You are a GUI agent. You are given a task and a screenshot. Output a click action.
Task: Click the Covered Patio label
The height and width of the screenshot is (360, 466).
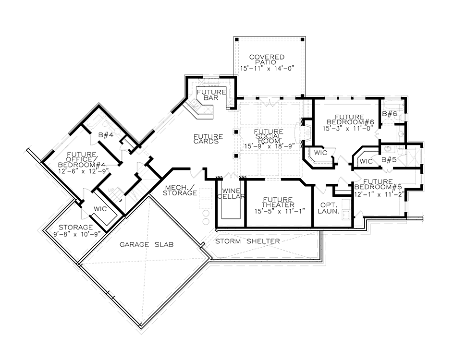coord(262,60)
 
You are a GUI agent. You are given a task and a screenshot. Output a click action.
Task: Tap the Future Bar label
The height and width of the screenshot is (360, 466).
coord(211,95)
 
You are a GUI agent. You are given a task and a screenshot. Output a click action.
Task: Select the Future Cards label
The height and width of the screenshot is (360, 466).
coord(208,139)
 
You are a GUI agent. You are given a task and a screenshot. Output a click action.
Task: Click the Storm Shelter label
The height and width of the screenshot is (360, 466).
coord(247,241)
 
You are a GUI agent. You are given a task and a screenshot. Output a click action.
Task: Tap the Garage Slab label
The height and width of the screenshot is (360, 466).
coord(147,244)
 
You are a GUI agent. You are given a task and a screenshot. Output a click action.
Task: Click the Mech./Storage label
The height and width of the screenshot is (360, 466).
coord(181,190)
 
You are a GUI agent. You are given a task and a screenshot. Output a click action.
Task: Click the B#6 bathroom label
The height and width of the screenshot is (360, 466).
coord(389,113)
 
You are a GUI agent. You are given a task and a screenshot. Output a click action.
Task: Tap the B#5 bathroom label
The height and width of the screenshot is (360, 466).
coord(389,159)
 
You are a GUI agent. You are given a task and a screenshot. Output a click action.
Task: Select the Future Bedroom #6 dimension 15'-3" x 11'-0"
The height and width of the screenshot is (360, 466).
coord(348,129)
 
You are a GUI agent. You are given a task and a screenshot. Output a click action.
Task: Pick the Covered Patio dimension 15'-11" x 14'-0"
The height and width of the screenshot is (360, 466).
coord(263,68)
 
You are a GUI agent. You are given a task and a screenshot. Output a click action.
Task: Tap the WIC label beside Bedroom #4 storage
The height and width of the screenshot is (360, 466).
coord(100,209)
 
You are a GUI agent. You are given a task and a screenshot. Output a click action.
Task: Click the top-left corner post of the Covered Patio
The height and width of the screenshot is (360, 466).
coord(236,39)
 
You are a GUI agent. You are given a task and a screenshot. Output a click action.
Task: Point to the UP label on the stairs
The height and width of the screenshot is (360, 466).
coord(111,190)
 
